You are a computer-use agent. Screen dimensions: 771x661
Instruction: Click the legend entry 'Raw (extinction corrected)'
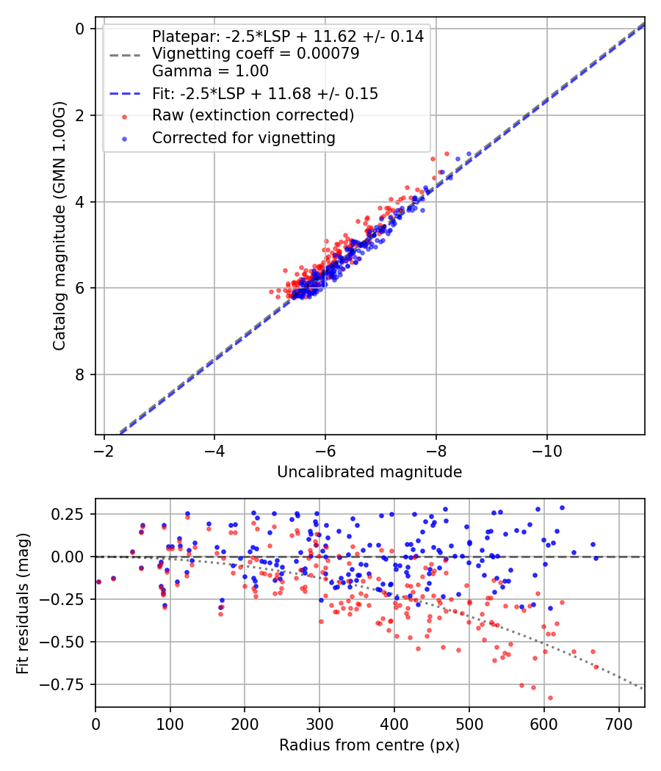[253, 115]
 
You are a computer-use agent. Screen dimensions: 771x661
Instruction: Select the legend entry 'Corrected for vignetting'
[243, 137]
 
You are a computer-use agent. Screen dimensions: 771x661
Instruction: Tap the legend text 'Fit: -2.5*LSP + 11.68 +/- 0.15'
[264, 93]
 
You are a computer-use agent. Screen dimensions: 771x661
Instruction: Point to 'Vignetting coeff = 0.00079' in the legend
[256, 54]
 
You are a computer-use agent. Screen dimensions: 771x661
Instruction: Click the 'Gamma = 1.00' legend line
[210, 71]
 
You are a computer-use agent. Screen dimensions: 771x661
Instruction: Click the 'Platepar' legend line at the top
[287, 36]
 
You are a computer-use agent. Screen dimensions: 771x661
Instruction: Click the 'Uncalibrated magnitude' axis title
[369, 472]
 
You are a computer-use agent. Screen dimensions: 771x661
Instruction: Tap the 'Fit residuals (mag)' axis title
[23, 603]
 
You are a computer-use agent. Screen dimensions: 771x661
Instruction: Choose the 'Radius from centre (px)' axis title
[369, 745]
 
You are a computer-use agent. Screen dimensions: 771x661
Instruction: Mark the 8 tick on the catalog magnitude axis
[81, 374]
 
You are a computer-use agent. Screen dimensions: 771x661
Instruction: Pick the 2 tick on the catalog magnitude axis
[81, 115]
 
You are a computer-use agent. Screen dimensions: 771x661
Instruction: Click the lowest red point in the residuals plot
[550, 698]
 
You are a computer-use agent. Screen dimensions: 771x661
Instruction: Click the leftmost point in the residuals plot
[98, 582]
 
